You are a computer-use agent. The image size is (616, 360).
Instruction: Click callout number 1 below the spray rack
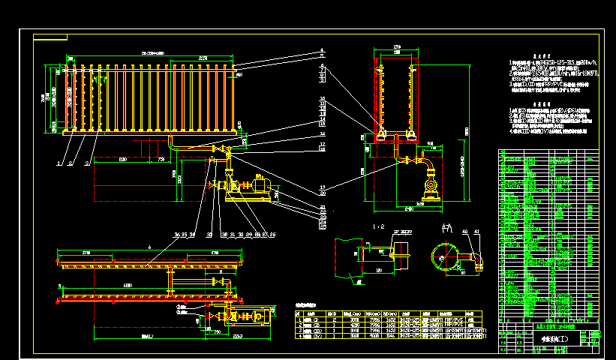(x=59, y=162)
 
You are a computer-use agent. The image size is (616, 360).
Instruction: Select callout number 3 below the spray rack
(x=87, y=162)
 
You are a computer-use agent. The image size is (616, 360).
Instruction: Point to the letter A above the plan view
(x=150, y=246)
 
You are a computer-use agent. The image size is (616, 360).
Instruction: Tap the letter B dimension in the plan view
(x=148, y=336)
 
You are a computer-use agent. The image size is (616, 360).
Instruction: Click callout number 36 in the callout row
(x=176, y=235)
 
